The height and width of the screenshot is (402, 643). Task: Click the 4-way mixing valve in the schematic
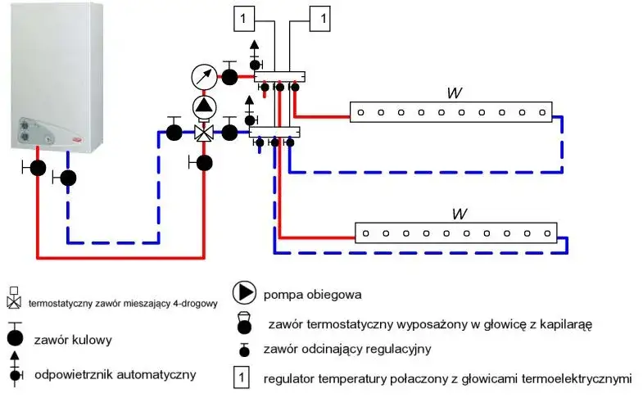tap(203, 132)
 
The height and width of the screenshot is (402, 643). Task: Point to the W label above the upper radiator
tap(452, 93)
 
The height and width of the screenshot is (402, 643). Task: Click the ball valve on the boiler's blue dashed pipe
tap(69, 177)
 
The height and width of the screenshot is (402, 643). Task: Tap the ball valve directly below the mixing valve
tap(205, 162)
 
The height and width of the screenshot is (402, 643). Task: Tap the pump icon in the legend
tap(244, 292)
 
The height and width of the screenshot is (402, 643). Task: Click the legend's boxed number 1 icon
tap(242, 378)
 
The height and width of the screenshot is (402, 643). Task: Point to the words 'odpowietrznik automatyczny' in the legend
tap(115, 374)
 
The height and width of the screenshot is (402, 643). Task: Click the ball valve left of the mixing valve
tap(174, 132)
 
